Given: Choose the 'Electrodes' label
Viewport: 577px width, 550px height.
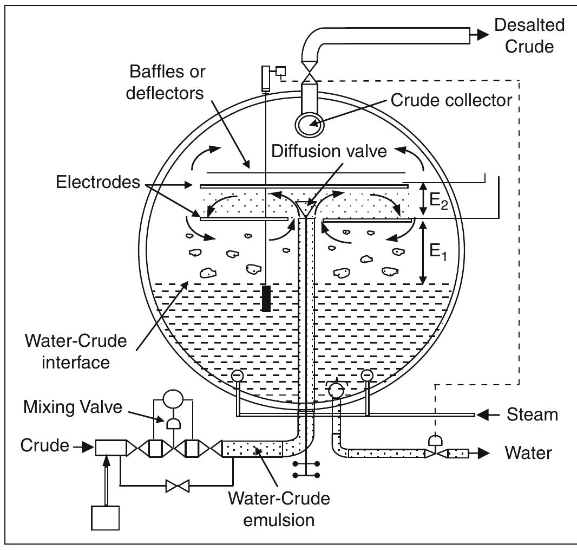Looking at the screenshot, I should click(x=98, y=182).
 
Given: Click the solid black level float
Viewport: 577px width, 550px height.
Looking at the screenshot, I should click(x=266, y=299).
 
